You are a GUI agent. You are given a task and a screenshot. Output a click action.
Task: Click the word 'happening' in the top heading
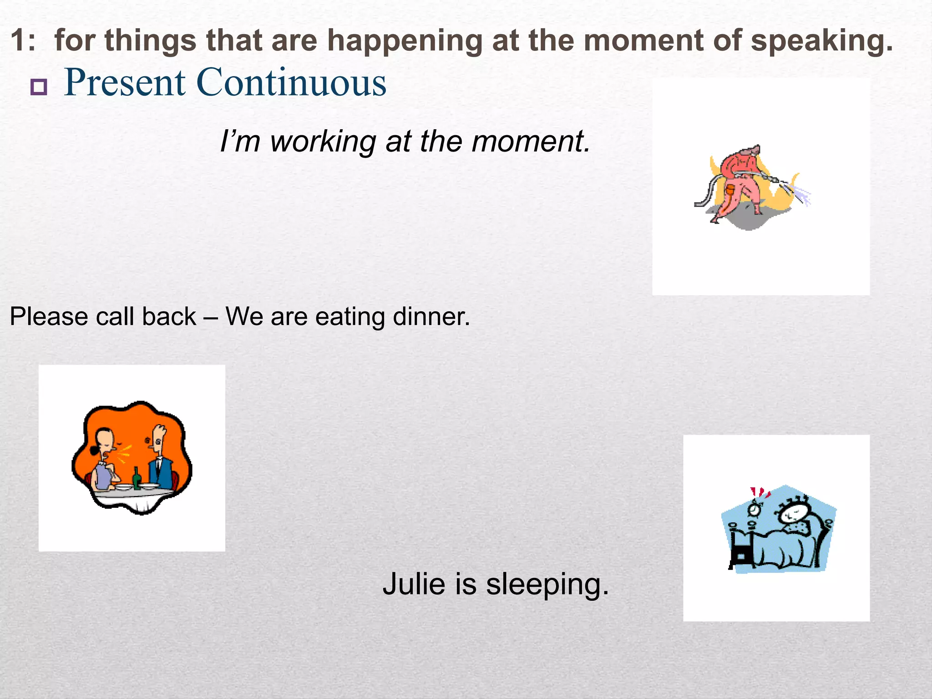[x=405, y=41]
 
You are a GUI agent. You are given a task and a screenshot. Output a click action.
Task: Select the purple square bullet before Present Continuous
[x=39, y=86]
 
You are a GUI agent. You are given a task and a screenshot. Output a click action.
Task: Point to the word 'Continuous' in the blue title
[x=291, y=83]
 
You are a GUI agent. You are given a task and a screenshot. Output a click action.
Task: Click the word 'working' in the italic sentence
[x=323, y=142]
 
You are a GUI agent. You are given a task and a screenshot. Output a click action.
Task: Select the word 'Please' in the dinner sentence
[x=49, y=317]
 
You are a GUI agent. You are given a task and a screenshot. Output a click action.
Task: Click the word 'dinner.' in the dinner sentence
[x=431, y=317]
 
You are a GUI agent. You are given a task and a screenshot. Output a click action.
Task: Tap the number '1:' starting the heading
[x=23, y=41]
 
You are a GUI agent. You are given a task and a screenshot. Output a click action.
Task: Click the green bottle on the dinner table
[x=136, y=479]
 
